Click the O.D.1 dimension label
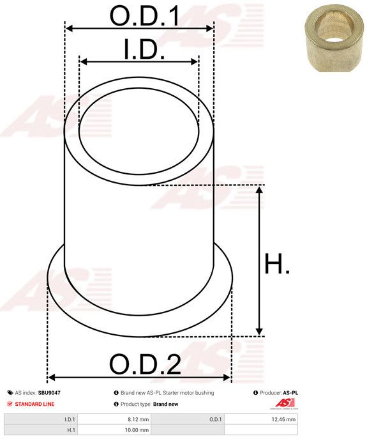(x=145, y=15)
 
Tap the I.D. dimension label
(x=144, y=49)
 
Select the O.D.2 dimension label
(x=145, y=364)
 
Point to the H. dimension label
(x=277, y=263)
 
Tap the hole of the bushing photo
(x=333, y=33)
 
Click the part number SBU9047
(x=49, y=393)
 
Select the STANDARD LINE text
(x=34, y=404)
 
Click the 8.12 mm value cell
(x=114, y=419)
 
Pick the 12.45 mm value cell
(x=260, y=419)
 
